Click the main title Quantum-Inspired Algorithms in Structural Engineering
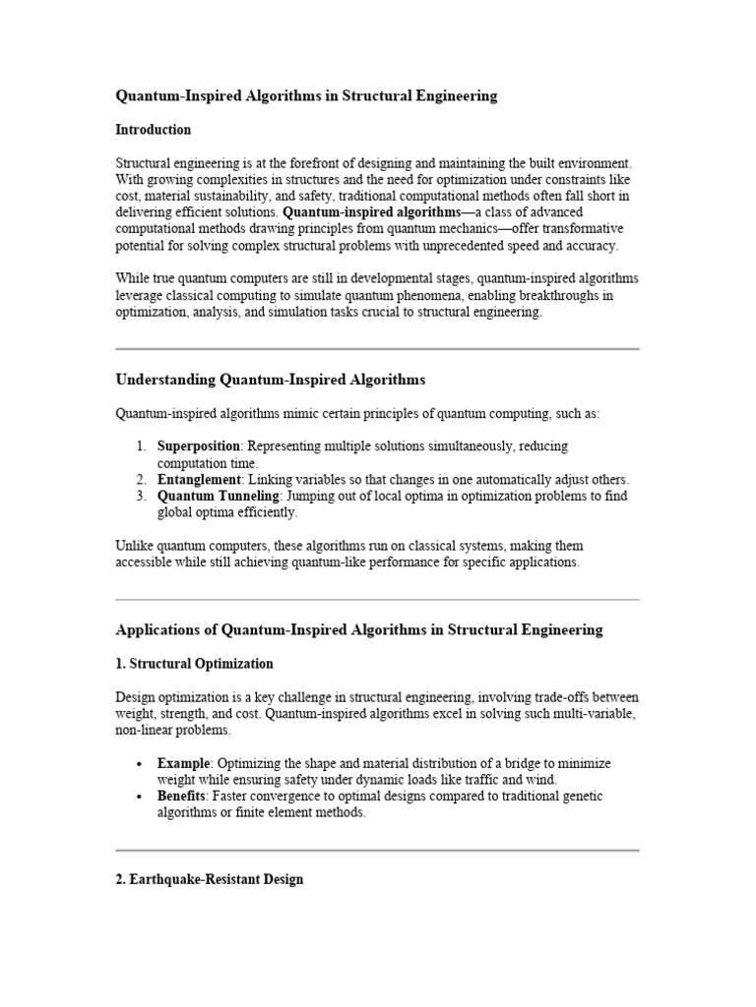point(306,96)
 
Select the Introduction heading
point(153,130)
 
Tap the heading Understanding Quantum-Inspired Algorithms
point(271,380)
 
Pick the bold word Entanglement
point(199,480)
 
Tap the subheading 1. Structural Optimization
point(194,664)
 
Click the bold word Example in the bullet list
point(183,763)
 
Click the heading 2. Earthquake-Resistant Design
point(209,880)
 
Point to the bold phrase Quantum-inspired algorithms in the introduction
point(371,212)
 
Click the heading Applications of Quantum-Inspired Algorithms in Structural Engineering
point(358,629)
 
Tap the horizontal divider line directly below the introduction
point(377,349)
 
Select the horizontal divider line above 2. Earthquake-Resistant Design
point(377,850)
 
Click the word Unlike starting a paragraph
point(135,546)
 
